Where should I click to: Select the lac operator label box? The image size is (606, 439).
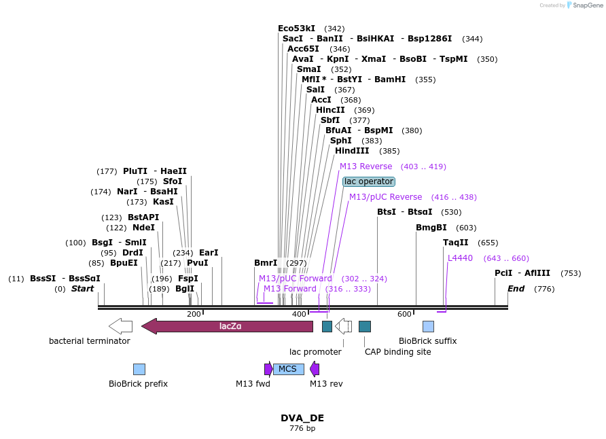(368, 181)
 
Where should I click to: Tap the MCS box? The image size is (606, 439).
(288, 369)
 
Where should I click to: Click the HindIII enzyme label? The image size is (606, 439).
(351, 151)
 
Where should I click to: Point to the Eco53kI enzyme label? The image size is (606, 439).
(296, 29)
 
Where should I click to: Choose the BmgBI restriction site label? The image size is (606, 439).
(431, 228)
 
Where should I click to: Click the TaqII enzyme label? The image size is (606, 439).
(455, 243)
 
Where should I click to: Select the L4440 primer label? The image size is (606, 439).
(460, 258)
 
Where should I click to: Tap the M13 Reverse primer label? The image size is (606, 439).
(366, 166)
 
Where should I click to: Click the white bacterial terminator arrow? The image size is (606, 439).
(120, 326)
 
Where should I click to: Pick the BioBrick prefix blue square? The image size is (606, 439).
(139, 369)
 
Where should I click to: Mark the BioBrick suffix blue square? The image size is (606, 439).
(428, 326)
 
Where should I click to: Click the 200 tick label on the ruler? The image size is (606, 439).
(194, 314)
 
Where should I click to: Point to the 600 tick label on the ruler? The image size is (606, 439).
(404, 314)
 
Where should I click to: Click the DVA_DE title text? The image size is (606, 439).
(302, 418)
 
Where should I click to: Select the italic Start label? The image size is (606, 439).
(82, 289)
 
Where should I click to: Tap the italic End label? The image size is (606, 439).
(516, 289)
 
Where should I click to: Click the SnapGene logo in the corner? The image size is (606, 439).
(577, 5)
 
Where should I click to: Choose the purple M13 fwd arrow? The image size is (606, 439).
(268, 369)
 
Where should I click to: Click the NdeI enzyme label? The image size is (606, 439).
(143, 228)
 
